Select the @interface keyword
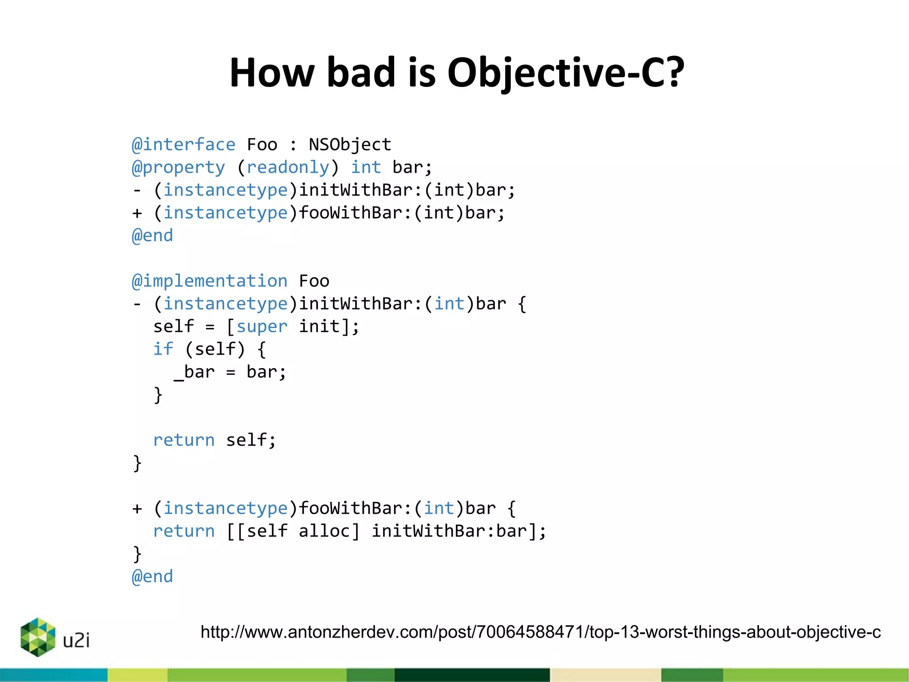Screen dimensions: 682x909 click(184, 145)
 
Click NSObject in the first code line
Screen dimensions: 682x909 click(350, 145)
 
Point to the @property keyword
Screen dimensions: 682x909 click(178, 167)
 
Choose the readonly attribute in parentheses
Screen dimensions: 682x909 click(288, 167)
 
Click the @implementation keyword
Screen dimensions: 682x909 click(209, 281)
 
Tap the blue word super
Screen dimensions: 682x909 click(262, 327)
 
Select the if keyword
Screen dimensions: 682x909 click(163, 349)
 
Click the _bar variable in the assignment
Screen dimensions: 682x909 click(194, 372)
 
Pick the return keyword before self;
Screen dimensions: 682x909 click(184, 440)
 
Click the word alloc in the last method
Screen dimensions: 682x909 click(324, 531)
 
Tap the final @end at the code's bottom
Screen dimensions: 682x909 click(152, 577)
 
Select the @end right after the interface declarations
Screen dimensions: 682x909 click(152, 236)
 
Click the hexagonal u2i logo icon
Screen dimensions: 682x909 click(38, 637)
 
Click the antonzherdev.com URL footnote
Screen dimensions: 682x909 click(540, 632)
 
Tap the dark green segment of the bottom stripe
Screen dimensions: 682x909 click(472, 675)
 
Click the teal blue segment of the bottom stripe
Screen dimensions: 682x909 click(53, 675)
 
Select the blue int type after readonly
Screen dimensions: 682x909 click(366, 167)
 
